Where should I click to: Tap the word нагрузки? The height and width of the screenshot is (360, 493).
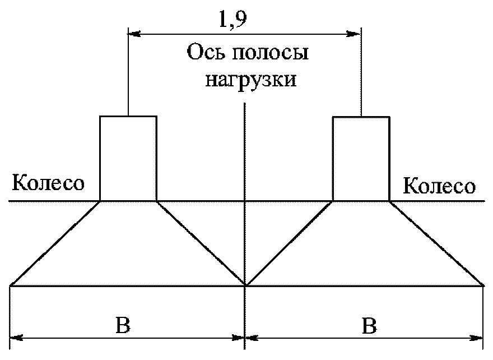coord(250,80)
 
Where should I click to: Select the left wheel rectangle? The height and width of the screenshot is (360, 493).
coord(128,158)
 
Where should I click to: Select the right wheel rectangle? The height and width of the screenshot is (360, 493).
coord(361,158)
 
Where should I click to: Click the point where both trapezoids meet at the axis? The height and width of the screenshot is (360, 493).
coord(245,285)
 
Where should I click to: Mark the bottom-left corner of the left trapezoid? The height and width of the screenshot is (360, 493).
coord(11,285)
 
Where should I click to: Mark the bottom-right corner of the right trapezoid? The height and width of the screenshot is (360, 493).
coord(483,285)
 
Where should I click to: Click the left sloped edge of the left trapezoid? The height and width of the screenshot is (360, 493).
coord(55,243)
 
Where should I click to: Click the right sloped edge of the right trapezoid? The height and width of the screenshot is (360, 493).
coord(437,243)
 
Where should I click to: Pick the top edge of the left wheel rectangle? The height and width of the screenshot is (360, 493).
coord(128,116)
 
